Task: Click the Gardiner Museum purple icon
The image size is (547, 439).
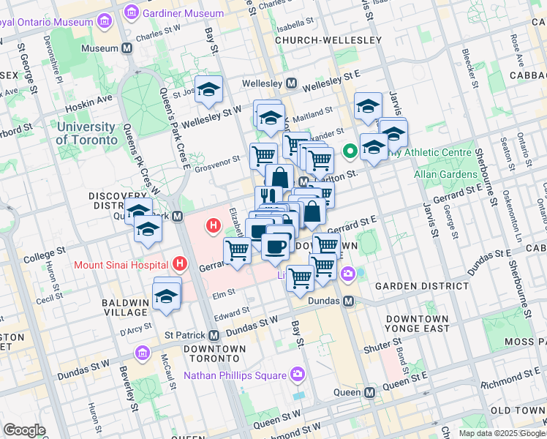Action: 132,12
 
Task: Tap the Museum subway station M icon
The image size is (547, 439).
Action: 127,48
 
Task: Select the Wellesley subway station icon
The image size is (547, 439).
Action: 292,83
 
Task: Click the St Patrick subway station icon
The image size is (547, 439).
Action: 214,335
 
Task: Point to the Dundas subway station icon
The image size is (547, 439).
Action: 349,301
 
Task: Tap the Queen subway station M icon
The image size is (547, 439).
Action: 370,392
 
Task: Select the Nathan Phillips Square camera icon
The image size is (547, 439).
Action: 297,375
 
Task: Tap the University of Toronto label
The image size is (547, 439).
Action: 86,133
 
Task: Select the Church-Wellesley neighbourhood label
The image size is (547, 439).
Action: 328,40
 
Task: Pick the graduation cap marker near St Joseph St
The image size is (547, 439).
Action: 209,89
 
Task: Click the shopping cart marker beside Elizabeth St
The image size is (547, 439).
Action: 237,251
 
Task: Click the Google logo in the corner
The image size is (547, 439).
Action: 24,430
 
